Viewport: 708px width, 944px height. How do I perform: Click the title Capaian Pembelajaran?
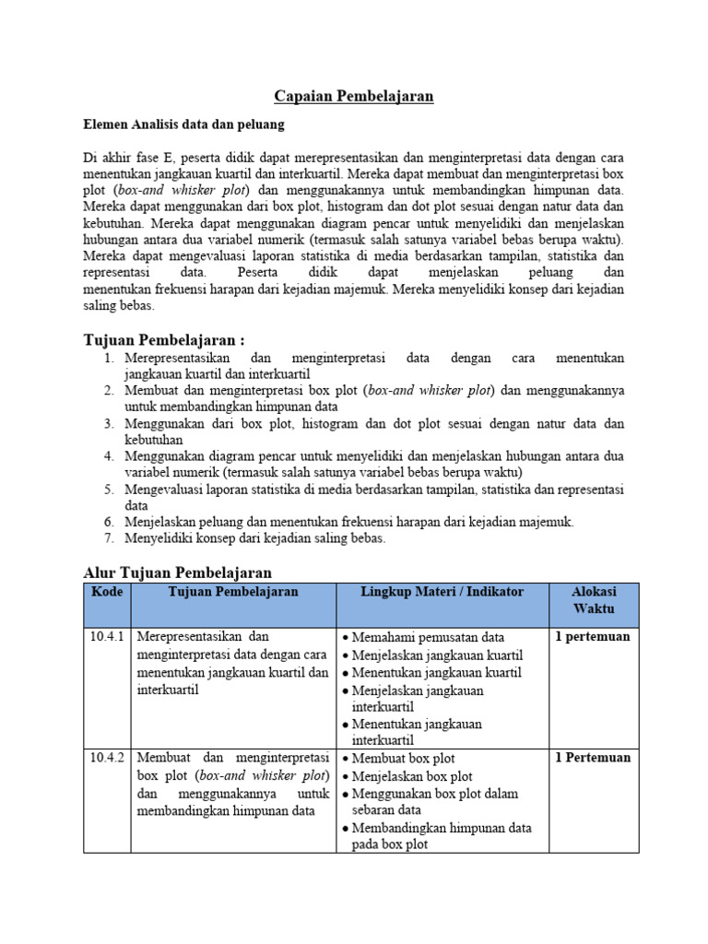[x=354, y=96]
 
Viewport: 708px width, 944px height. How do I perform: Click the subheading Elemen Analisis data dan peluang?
[x=184, y=123]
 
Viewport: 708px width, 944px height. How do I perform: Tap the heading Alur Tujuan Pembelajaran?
[x=178, y=572]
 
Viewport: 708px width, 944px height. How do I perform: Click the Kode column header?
[x=107, y=592]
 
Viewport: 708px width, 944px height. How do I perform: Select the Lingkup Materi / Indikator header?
[x=442, y=592]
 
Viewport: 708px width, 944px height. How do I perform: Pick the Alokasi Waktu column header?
[x=594, y=600]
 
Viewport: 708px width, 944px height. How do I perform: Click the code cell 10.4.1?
[x=107, y=637]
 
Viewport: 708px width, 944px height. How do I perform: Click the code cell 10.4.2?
[x=107, y=758]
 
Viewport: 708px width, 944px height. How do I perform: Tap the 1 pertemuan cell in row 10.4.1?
[x=592, y=637]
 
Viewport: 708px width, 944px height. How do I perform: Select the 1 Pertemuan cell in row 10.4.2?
[x=592, y=758]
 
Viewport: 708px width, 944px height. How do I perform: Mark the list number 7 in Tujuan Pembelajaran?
[x=108, y=538]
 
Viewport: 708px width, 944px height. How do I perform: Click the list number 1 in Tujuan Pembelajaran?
[x=108, y=358]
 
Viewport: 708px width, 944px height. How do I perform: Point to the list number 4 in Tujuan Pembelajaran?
[x=108, y=455]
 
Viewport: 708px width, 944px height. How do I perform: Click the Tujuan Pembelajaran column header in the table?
[x=233, y=592]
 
